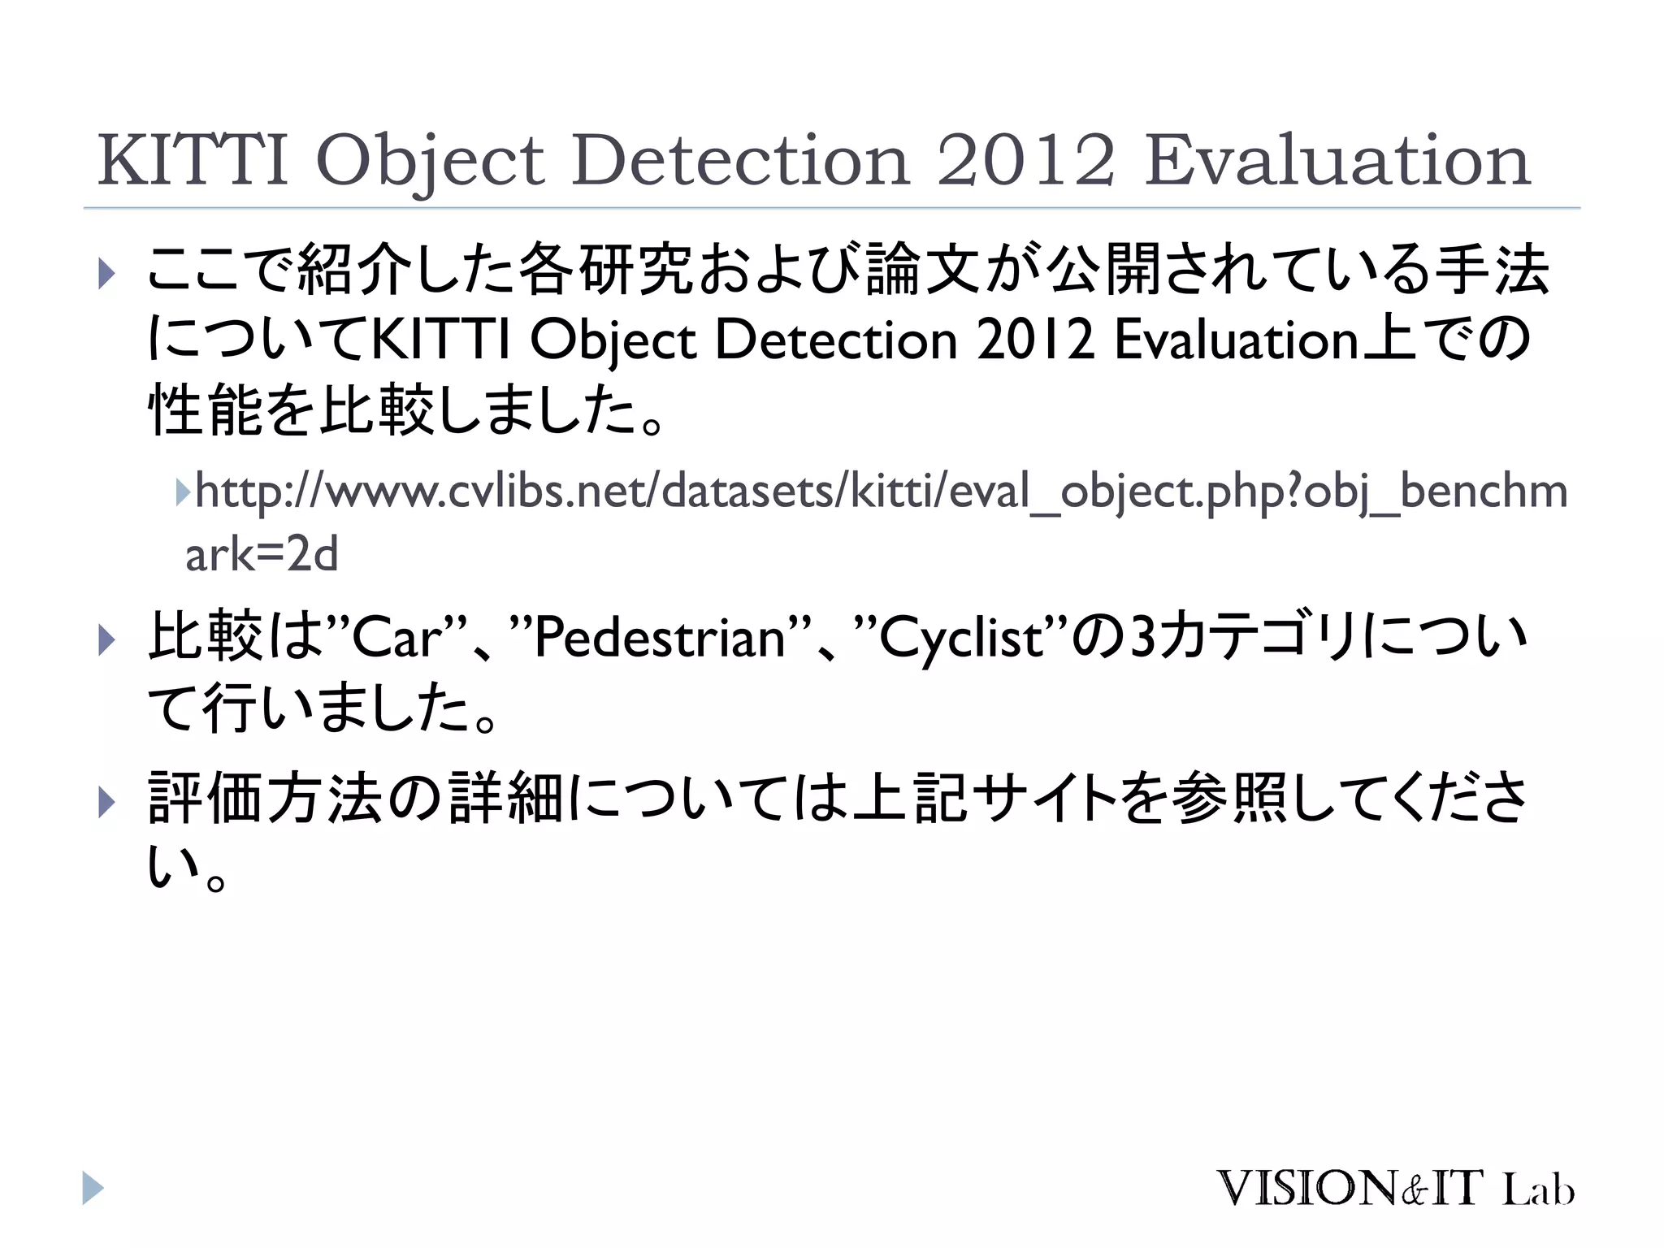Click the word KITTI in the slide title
pos(193,160)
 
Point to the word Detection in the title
pos(740,160)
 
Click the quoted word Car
pos(397,638)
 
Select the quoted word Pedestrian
pos(659,638)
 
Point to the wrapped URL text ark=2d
pos(262,555)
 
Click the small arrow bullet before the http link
pos(182,491)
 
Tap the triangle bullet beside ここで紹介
pos(106,273)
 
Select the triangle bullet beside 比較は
pos(106,639)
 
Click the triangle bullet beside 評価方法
pos(106,802)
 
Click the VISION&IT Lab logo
pos(1395,1189)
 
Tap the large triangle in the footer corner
pos(93,1188)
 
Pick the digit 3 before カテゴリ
pos(1143,638)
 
